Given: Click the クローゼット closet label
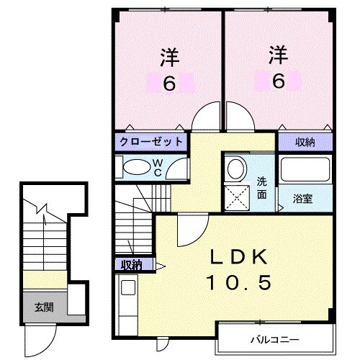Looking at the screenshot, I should (150, 141).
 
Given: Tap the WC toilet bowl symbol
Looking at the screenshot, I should (134, 167).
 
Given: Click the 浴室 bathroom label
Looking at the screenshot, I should (302, 197).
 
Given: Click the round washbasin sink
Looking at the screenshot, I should (235, 169).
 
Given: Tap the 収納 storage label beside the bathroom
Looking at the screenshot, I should (305, 141).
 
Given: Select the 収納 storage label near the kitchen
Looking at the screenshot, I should (130, 265).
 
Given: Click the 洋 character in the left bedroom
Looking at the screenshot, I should (169, 56).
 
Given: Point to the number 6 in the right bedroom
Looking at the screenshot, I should (278, 81).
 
